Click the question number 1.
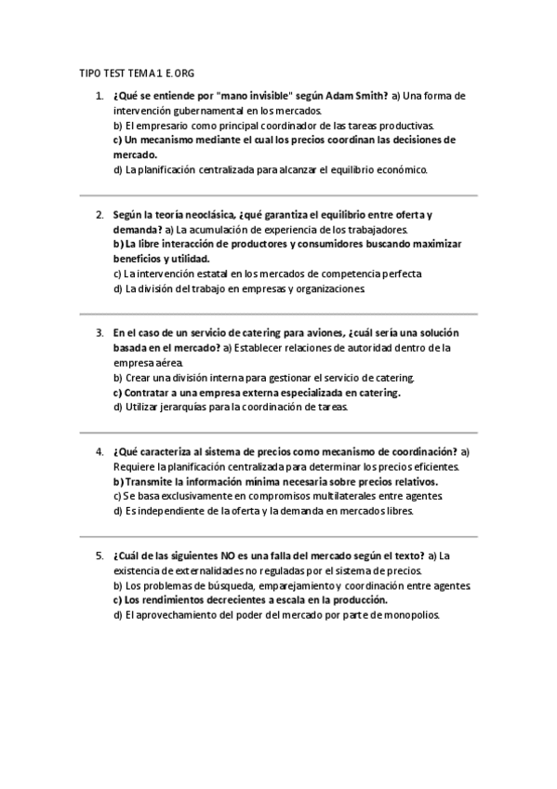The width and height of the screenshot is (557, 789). click(x=99, y=96)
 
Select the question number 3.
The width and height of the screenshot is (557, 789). click(x=99, y=332)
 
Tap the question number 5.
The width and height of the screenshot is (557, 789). click(x=99, y=555)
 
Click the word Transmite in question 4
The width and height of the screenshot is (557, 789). click(x=153, y=481)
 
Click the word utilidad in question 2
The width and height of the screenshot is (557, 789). click(x=187, y=259)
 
